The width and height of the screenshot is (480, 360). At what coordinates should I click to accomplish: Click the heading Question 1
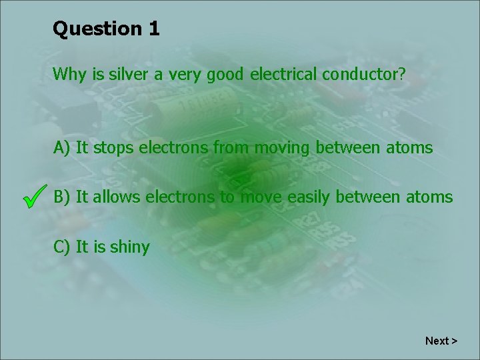point(106,29)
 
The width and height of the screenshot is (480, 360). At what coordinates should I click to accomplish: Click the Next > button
point(441,341)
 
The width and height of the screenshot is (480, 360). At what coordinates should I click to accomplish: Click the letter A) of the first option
point(63,147)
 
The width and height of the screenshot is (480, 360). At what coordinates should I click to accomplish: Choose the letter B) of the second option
point(63,197)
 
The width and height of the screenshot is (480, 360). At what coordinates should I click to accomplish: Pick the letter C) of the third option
point(63,247)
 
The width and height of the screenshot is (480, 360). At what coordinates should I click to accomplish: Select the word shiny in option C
point(130,247)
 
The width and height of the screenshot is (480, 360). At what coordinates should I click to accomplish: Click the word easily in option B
point(313,197)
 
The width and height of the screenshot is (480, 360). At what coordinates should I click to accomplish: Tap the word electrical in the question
point(284,74)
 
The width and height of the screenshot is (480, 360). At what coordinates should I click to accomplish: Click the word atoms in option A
point(409,147)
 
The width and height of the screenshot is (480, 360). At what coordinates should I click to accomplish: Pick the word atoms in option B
point(429,197)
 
